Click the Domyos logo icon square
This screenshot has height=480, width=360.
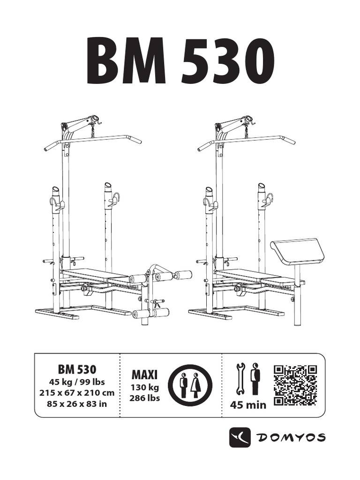pos(240,437)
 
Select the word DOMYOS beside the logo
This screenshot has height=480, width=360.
pos(292,437)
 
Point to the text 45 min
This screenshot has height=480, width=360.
pos(248,405)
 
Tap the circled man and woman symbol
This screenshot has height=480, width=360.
pos(190,385)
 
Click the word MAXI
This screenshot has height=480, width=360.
pos(145,375)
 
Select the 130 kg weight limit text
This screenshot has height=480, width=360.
pos(145,388)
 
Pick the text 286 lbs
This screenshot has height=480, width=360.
pos(145,398)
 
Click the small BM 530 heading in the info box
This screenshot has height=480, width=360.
pos(77,369)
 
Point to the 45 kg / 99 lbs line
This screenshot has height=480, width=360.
pos(77,382)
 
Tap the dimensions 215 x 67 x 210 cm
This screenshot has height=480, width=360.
pos(77,392)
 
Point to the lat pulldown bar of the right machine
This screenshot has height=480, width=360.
pos(247,139)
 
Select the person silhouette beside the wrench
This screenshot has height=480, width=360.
pos(255,378)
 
